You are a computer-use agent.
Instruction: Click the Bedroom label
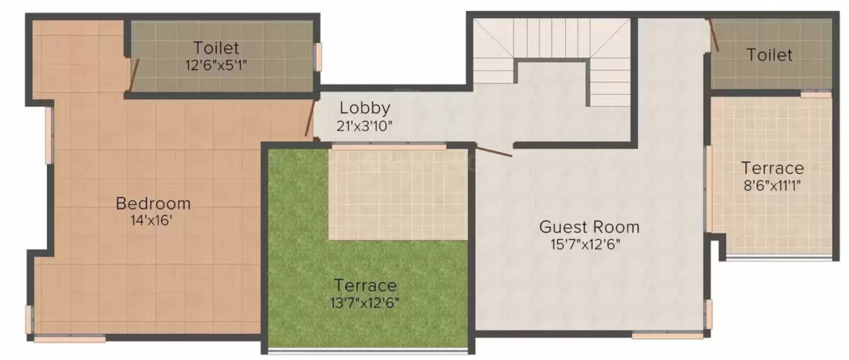(153, 204)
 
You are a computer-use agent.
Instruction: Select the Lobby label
(364, 107)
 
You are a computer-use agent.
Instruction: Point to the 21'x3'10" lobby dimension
(364, 126)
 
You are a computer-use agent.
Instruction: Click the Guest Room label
(589, 226)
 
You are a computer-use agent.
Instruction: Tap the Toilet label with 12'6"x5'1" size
(217, 48)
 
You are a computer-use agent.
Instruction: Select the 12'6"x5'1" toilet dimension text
(217, 65)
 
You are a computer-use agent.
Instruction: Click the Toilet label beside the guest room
(770, 55)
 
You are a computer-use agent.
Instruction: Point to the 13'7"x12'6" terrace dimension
(365, 303)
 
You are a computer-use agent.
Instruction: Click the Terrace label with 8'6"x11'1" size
(772, 169)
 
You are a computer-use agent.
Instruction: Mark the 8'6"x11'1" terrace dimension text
(772, 186)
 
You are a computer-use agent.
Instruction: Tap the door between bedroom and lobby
(310, 118)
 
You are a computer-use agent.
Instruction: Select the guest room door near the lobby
(494, 151)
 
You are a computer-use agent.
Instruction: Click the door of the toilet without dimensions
(714, 36)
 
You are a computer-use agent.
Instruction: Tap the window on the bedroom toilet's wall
(318, 57)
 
